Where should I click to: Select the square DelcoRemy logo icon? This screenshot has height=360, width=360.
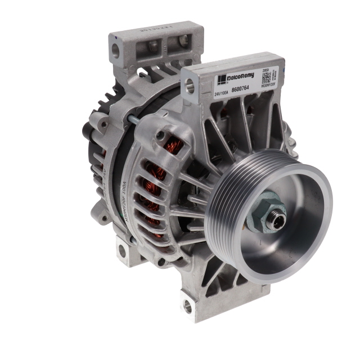point(223,78)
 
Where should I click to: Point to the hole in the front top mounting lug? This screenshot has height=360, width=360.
point(190,86)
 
